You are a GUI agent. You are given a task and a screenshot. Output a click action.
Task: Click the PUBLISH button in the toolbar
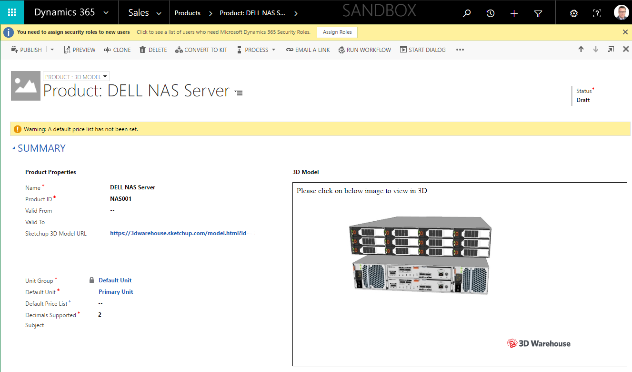click(27, 50)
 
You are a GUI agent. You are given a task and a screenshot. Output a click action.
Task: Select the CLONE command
click(117, 50)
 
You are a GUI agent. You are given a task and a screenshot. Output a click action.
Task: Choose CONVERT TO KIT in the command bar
click(201, 50)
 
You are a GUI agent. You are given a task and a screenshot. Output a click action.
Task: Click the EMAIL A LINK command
click(308, 50)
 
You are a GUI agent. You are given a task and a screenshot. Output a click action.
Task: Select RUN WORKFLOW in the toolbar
click(364, 50)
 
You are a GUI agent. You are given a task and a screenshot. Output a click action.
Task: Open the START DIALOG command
click(422, 50)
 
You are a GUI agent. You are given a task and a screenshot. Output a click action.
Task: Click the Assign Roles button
click(337, 32)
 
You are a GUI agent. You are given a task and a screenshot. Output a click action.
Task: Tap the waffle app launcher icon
click(12, 12)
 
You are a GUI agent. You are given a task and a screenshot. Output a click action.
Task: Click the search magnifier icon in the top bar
click(467, 13)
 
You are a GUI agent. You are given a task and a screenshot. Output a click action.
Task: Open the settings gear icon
click(573, 13)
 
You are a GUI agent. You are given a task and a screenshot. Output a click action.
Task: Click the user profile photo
click(621, 12)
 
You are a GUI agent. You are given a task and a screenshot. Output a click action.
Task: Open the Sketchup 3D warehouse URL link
click(180, 233)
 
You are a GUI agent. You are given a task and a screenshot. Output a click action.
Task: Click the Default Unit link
click(115, 280)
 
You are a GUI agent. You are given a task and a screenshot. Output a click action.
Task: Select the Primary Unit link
click(116, 292)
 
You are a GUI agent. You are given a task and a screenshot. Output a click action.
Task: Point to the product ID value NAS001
click(121, 198)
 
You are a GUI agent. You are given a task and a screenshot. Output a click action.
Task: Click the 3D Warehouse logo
click(538, 343)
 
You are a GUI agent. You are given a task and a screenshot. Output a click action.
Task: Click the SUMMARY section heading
click(41, 148)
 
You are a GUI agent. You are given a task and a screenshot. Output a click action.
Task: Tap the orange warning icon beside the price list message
click(18, 129)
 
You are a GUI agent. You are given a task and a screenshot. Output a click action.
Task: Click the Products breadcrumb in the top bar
click(187, 13)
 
